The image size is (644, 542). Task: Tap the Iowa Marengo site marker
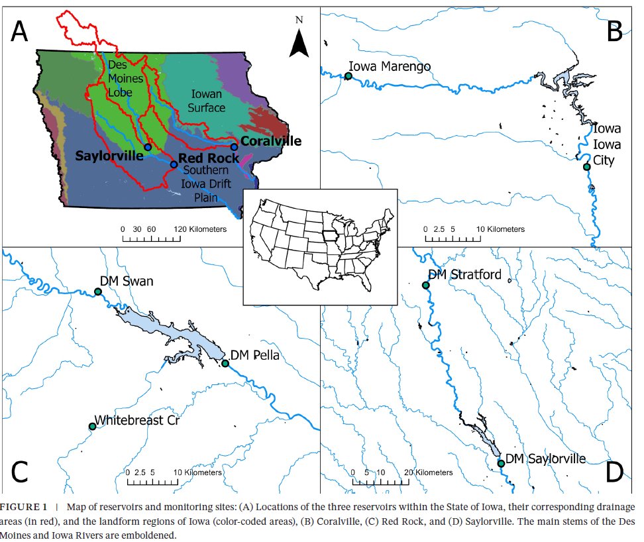[x=348, y=76]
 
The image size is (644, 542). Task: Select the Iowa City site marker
[x=586, y=166]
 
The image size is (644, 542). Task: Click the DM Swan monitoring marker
[x=98, y=292]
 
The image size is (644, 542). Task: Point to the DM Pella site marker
[x=225, y=363]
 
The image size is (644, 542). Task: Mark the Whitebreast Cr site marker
[x=93, y=427]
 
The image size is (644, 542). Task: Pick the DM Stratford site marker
[x=426, y=286]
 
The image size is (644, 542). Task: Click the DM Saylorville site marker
[x=501, y=463]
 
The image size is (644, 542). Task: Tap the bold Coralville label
[x=270, y=141]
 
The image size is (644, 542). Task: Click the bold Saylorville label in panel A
[x=109, y=156]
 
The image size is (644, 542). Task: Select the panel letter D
[x=615, y=472]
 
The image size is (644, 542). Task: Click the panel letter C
[x=20, y=472]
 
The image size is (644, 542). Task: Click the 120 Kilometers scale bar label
[x=201, y=229]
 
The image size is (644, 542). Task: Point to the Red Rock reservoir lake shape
[x=186, y=338]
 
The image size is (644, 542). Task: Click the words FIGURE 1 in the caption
[x=24, y=508]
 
